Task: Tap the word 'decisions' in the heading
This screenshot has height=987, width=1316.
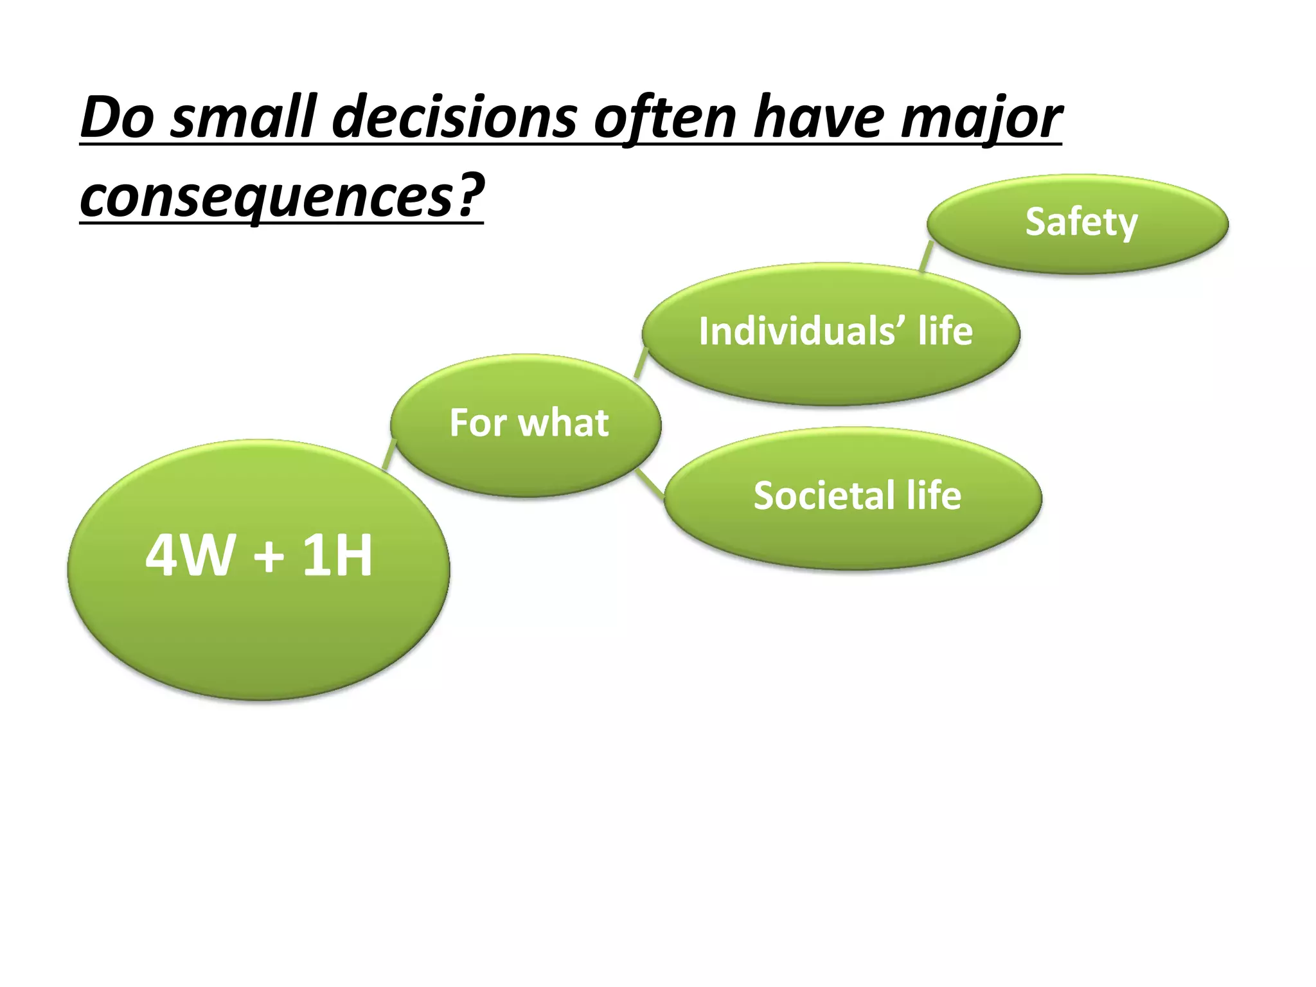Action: pos(454,118)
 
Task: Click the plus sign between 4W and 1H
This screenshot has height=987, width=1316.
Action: pos(269,556)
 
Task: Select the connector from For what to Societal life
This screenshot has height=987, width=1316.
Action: pos(651,483)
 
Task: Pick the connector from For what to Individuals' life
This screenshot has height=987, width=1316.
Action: pos(641,363)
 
